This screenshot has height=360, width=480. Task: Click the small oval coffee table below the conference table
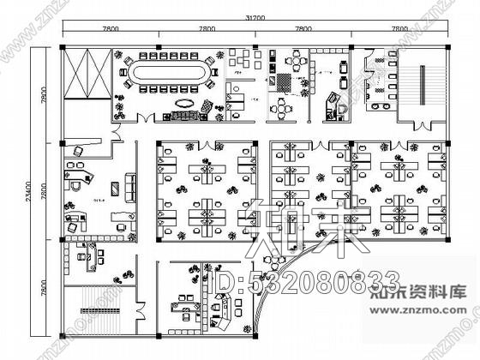tap(182, 103)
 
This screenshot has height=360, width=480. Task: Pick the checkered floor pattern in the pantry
tap(282, 83)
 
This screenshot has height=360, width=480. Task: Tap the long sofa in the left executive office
tap(130, 183)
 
